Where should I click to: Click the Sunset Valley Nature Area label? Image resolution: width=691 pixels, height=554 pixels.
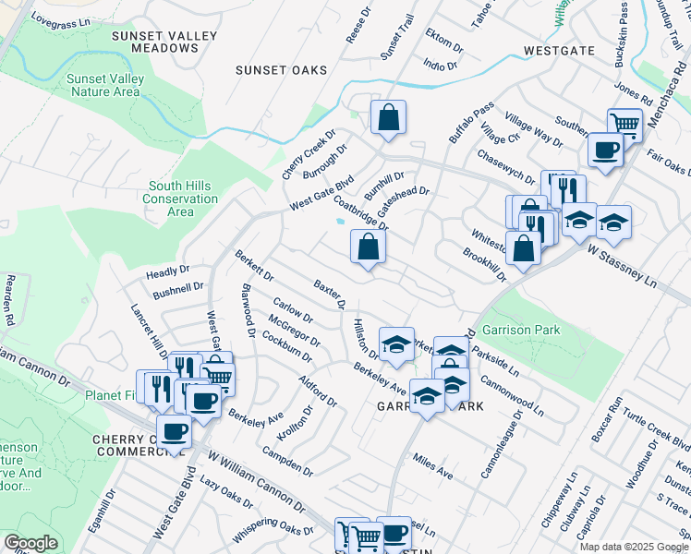(x=103, y=85)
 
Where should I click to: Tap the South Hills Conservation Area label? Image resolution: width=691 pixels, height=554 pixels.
(x=183, y=199)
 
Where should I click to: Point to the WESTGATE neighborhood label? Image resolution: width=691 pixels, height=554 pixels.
(x=556, y=50)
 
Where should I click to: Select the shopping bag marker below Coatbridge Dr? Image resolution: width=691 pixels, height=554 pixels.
(x=368, y=247)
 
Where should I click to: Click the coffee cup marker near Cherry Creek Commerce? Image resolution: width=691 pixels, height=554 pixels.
(x=174, y=431)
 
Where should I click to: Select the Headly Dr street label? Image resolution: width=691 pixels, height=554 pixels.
(x=167, y=274)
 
